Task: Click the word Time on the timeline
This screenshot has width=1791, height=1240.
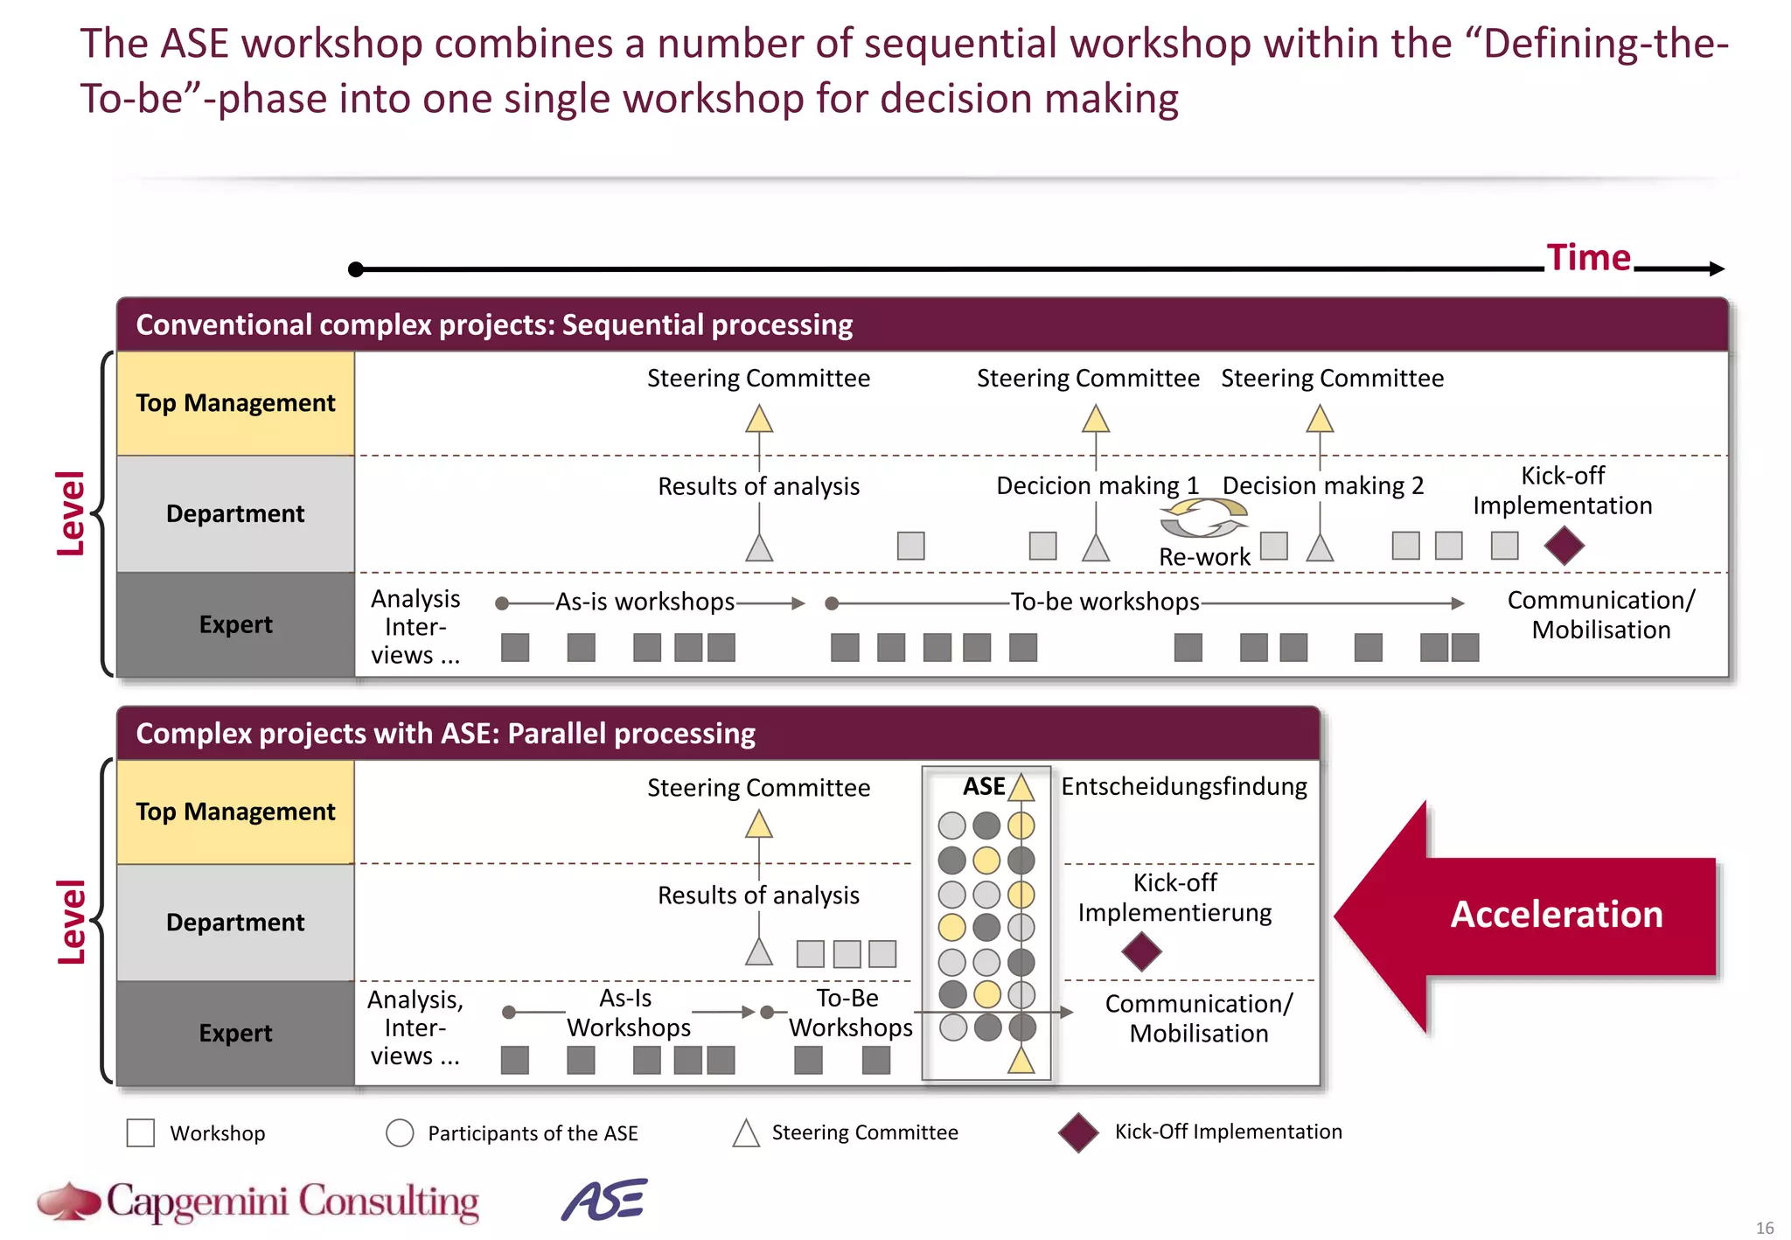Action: click(1588, 258)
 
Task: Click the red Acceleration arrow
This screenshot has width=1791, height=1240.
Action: click(1526, 916)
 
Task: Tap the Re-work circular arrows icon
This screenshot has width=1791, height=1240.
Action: click(1203, 518)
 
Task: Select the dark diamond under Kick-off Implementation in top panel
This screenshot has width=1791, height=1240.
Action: click(1564, 546)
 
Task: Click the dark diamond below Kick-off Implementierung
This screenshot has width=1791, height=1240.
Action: click(1141, 951)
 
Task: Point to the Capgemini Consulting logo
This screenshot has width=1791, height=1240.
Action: click(259, 1202)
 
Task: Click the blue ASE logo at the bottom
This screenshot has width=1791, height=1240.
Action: click(604, 1200)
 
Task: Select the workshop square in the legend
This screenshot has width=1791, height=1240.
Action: click(141, 1132)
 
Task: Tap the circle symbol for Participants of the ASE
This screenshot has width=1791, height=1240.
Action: click(400, 1132)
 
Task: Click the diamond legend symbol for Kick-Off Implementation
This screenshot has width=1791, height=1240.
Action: click(1078, 1132)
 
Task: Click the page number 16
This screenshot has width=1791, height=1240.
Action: click(1765, 1228)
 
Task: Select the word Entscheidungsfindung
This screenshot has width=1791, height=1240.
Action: click(1184, 786)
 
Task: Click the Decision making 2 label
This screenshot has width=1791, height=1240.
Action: click(1322, 485)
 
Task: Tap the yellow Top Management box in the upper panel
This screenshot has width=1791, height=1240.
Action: click(235, 403)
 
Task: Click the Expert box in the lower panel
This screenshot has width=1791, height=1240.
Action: click(235, 1033)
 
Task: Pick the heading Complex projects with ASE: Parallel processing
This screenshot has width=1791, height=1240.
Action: click(445, 733)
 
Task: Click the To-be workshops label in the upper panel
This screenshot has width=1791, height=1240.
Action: click(1105, 602)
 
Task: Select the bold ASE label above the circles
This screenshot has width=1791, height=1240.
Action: click(983, 786)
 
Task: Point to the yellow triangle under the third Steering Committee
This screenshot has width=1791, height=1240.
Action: click(1320, 419)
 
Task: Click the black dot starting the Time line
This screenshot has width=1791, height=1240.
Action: click(356, 269)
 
